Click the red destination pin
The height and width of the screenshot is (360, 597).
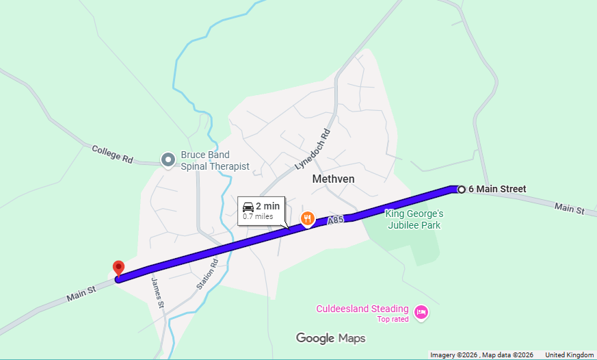click(x=118, y=268)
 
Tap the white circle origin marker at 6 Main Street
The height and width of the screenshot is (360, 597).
click(x=462, y=190)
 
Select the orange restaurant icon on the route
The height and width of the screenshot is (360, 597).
click(x=308, y=218)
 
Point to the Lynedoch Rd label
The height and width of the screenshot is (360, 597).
click(x=312, y=150)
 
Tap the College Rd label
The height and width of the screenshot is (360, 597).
click(x=112, y=154)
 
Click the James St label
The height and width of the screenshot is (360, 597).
click(x=157, y=292)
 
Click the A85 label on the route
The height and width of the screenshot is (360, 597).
click(x=334, y=220)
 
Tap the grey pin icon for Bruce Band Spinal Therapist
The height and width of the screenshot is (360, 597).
click(x=168, y=160)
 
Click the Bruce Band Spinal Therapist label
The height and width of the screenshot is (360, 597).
click(x=215, y=161)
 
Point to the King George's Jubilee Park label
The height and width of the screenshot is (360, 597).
click(x=414, y=219)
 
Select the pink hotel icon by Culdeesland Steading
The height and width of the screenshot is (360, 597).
click(x=421, y=312)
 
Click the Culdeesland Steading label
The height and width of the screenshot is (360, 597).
click(x=362, y=309)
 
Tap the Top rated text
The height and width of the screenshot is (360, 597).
click(x=393, y=320)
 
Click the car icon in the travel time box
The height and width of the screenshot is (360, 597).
click(x=248, y=207)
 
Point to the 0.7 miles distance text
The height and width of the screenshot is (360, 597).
click(x=258, y=217)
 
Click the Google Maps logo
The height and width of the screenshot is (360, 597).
click(x=330, y=338)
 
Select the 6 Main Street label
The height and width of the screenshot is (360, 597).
click(x=497, y=190)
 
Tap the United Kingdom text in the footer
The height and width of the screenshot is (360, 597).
click(x=569, y=355)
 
